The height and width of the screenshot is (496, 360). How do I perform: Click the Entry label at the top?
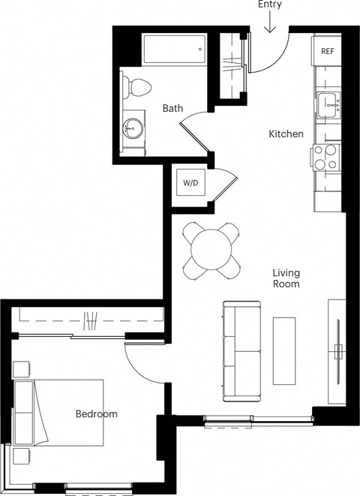270,5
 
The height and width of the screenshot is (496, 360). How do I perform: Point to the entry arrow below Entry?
270,24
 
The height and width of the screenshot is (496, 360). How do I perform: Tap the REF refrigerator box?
328,52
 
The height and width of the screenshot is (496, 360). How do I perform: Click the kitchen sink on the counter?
328,105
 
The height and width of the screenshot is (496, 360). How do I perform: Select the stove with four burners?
326,157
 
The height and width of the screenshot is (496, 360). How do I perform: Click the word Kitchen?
286,134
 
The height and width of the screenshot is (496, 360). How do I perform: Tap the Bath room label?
173,109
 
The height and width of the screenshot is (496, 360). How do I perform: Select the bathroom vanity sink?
133,128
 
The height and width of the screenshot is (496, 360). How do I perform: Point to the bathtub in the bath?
173,52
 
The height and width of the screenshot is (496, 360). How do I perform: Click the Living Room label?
286,279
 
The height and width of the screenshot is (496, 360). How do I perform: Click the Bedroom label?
97,414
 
